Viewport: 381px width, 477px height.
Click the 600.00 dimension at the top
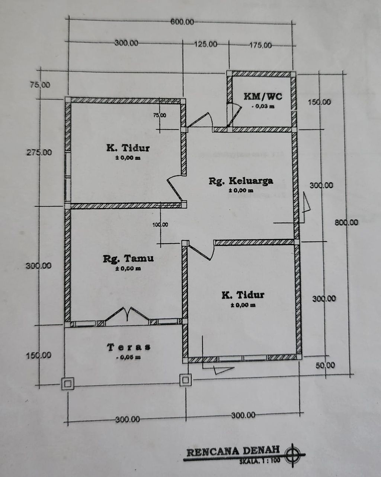[x=182, y=22]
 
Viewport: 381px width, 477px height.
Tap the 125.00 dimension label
[x=206, y=44]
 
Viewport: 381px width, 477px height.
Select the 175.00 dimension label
[x=260, y=45]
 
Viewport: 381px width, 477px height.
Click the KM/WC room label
[x=263, y=97]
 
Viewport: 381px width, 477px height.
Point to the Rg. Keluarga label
[x=241, y=181]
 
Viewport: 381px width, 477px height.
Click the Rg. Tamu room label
[x=128, y=259]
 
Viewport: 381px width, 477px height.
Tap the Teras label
[x=129, y=347]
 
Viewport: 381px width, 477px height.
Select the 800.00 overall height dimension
[x=346, y=222]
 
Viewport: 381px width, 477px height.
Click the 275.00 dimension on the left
[x=39, y=152]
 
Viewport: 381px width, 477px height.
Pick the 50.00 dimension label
[x=325, y=365]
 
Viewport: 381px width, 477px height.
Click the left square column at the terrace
[x=68, y=384]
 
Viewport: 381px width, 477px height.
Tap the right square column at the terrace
[x=185, y=380]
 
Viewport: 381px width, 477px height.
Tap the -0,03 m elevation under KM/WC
[x=263, y=107]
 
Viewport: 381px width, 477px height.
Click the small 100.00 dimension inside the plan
[x=160, y=225]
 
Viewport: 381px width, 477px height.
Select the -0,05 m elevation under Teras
[x=129, y=357]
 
